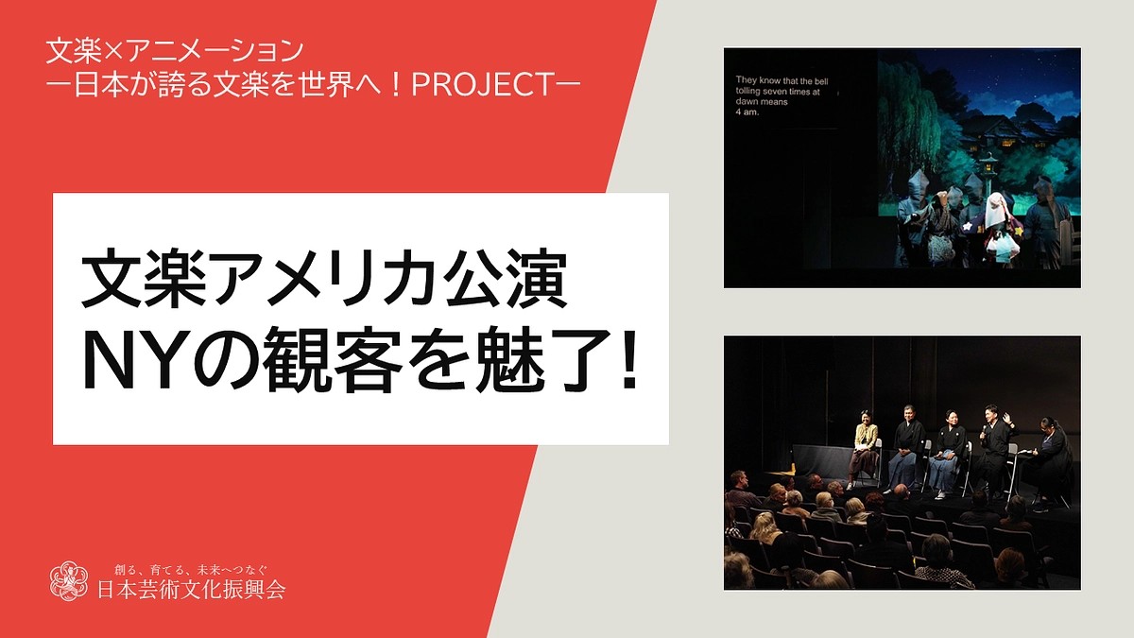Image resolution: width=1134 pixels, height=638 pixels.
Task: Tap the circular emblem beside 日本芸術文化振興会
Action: (x=68, y=580)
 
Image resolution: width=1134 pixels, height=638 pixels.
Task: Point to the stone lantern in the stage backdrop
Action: (x=988, y=168)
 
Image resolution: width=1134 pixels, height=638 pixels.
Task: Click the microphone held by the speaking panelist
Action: (x=985, y=430)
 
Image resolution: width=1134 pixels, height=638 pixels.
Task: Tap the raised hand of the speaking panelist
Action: (x=1007, y=417)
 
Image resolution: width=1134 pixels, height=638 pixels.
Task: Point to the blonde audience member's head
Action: (x=765, y=522)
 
